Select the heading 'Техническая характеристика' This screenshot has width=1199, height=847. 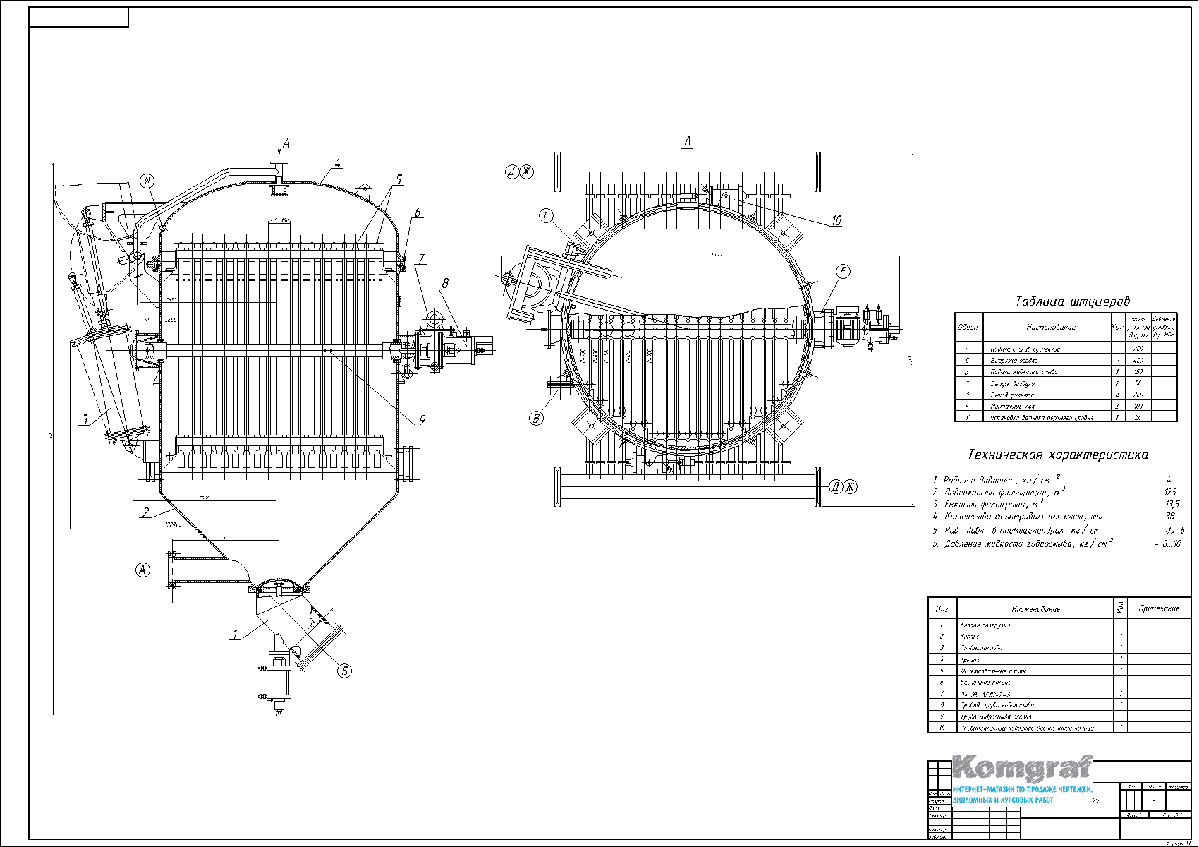tap(1057, 455)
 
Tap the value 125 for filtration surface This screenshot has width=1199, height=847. tap(1167, 492)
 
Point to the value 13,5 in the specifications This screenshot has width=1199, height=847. tap(1167, 505)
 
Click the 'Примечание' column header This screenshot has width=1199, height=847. tap(1159, 608)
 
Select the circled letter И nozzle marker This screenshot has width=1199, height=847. tap(147, 180)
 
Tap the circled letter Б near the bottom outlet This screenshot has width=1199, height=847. tap(344, 671)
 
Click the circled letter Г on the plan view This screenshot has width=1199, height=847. tap(547, 217)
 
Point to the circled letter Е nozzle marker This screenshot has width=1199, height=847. tap(843, 272)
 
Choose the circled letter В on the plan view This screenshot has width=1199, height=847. tap(537, 418)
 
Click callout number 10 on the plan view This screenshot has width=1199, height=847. tap(836, 221)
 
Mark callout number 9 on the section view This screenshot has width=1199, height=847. tap(422, 420)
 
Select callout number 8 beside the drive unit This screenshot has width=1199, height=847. tap(445, 284)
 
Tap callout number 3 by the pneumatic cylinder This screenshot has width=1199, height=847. tap(85, 420)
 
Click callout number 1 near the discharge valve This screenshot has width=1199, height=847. tap(235, 635)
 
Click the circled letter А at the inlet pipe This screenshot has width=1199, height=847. tap(143, 569)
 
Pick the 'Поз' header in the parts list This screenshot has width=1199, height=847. tap(942, 608)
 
